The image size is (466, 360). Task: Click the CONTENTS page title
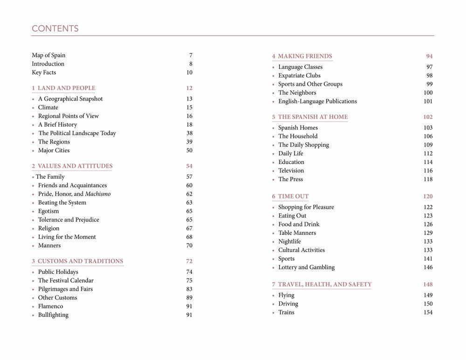[x=55, y=29]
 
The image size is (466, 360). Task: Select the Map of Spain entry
[x=48, y=55]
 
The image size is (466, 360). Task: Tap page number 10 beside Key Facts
[x=189, y=73]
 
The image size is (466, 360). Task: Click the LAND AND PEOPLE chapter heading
[x=66, y=88]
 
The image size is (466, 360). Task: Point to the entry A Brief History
[x=57, y=125]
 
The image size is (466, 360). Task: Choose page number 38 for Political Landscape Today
[x=189, y=133]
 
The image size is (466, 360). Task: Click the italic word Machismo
[x=98, y=194]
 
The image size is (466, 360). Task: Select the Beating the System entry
[x=62, y=203]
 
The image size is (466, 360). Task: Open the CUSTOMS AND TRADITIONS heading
[x=80, y=261]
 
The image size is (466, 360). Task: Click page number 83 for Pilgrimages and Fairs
[x=189, y=289]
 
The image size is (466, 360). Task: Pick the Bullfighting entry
[x=53, y=315]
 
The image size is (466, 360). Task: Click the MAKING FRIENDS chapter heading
[x=305, y=56]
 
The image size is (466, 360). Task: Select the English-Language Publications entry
[x=317, y=102]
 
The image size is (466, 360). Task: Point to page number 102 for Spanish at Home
[x=428, y=117]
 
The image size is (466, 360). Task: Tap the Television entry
[x=291, y=171]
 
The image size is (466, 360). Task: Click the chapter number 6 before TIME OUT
[x=274, y=197]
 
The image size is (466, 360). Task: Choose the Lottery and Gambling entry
[x=306, y=267]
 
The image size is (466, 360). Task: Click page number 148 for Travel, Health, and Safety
[x=428, y=285]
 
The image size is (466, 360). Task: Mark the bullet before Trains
[x=274, y=313]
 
